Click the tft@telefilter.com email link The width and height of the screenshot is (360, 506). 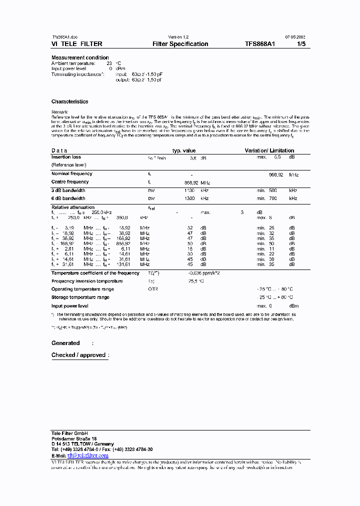[x=91, y=455]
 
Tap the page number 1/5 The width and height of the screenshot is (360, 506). [x=300, y=44]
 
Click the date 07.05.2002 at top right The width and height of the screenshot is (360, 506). [x=295, y=37]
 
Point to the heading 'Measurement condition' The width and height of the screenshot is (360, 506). [x=80, y=57]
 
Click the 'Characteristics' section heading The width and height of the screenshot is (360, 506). [x=69, y=101]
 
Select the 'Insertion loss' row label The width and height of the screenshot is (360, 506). [x=66, y=157]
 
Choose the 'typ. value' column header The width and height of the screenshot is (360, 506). [x=184, y=150]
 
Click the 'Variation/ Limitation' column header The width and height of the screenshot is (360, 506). [x=269, y=150]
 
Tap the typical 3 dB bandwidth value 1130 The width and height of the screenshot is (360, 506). [x=189, y=190]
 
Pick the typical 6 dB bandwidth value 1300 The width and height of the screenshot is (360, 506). [x=189, y=198]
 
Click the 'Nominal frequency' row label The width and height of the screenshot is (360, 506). [x=72, y=173]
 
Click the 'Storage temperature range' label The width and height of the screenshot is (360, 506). [x=80, y=297]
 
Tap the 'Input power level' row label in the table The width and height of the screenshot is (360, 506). [x=70, y=305]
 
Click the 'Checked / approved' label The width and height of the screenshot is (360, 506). [x=78, y=355]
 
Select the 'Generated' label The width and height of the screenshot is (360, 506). [x=65, y=343]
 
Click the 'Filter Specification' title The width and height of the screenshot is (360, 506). [x=180, y=44]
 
